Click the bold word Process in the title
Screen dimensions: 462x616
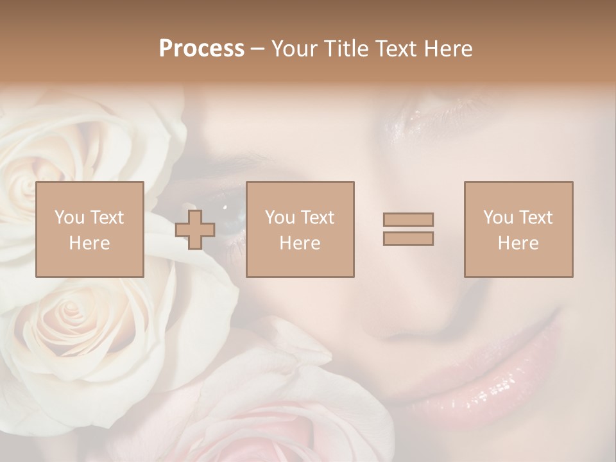tap(201, 49)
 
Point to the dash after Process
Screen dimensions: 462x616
tap(257, 49)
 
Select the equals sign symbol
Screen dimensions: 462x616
tap(408, 229)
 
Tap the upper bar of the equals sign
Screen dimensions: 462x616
tap(408, 219)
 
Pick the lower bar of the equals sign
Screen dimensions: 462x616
tap(408, 239)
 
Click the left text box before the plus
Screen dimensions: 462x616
tap(89, 229)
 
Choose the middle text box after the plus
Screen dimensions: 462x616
tap(300, 229)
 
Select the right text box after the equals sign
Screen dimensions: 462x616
tap(518, 229)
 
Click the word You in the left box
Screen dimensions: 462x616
tap(68, 218)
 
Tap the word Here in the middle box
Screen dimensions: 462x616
tap(300, 243)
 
